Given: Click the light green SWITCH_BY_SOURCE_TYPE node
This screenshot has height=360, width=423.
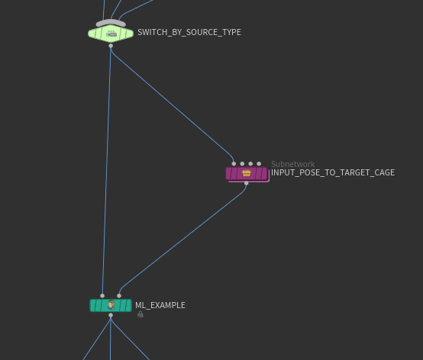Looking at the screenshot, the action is point(111,34).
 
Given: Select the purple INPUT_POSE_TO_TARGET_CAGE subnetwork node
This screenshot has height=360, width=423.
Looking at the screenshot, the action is point(247,174).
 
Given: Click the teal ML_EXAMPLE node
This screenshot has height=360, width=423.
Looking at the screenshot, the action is point(111,305).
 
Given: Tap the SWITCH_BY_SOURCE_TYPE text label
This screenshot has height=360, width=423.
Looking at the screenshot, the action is point(189,32).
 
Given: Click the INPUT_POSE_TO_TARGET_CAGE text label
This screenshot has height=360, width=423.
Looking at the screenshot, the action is point(333,172).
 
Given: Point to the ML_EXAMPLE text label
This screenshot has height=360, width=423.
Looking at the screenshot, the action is point(160,305).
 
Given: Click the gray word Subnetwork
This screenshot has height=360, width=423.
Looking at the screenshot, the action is point(292,164).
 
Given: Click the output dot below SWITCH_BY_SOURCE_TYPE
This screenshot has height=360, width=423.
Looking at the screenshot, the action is point(111,46).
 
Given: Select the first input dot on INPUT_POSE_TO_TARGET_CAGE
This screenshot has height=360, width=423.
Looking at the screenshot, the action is point(234,163).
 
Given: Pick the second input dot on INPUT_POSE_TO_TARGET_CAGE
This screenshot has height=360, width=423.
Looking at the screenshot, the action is point(242,163).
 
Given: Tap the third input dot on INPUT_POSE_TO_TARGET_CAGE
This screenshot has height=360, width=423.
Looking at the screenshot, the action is point(250,163).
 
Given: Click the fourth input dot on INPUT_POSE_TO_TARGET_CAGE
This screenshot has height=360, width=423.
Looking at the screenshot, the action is point(259,163).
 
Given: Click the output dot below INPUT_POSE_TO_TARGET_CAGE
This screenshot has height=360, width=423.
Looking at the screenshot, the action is point(247,183).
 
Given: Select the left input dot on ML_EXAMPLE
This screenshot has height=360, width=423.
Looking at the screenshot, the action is point(102,296).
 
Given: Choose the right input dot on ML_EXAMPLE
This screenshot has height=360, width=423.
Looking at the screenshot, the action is point(119,296).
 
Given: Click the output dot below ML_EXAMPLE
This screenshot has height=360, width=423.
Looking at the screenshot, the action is point(111,315).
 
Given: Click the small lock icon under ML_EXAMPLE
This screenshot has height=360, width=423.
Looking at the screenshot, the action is point(140,314).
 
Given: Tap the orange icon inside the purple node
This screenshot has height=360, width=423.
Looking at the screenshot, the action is point(247,173).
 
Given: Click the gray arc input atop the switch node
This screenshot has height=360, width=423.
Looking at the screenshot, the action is point(111,23).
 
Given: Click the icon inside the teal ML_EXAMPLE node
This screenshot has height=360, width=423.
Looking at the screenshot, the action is point(111,305).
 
